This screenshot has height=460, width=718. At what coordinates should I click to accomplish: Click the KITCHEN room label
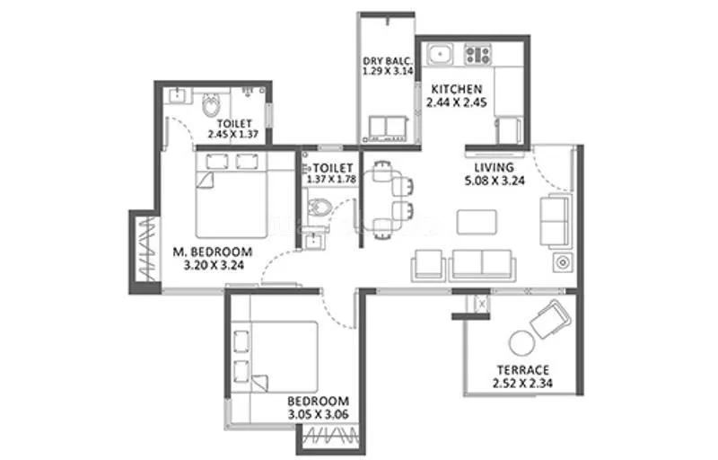pos(457,90)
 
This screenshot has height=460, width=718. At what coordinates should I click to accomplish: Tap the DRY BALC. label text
pos(387,59)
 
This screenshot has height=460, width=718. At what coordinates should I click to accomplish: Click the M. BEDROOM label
pos(212,252)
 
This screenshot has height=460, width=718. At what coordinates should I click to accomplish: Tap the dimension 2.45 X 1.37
pos(232,135)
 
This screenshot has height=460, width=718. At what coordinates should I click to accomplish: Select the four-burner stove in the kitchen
pos(477,56)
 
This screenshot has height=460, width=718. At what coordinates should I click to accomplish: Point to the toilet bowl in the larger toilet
pos(210,107)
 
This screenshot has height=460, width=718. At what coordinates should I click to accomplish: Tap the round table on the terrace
pos(521,344)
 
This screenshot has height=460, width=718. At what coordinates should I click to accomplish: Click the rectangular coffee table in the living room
pos(476,221)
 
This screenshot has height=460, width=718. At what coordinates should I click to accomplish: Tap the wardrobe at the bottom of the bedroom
pos(326,438)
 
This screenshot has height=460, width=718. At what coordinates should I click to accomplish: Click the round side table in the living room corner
pos(561,263)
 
